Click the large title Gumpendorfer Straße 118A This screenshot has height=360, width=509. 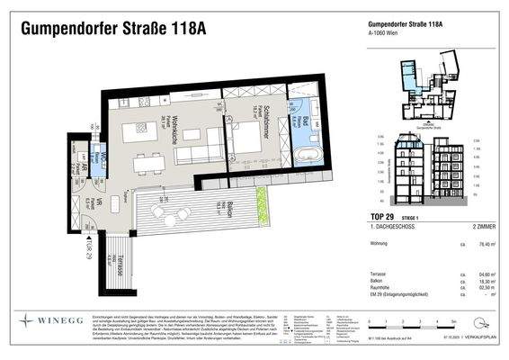pos(112,28)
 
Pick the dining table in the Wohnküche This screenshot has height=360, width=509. pos(145,164)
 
